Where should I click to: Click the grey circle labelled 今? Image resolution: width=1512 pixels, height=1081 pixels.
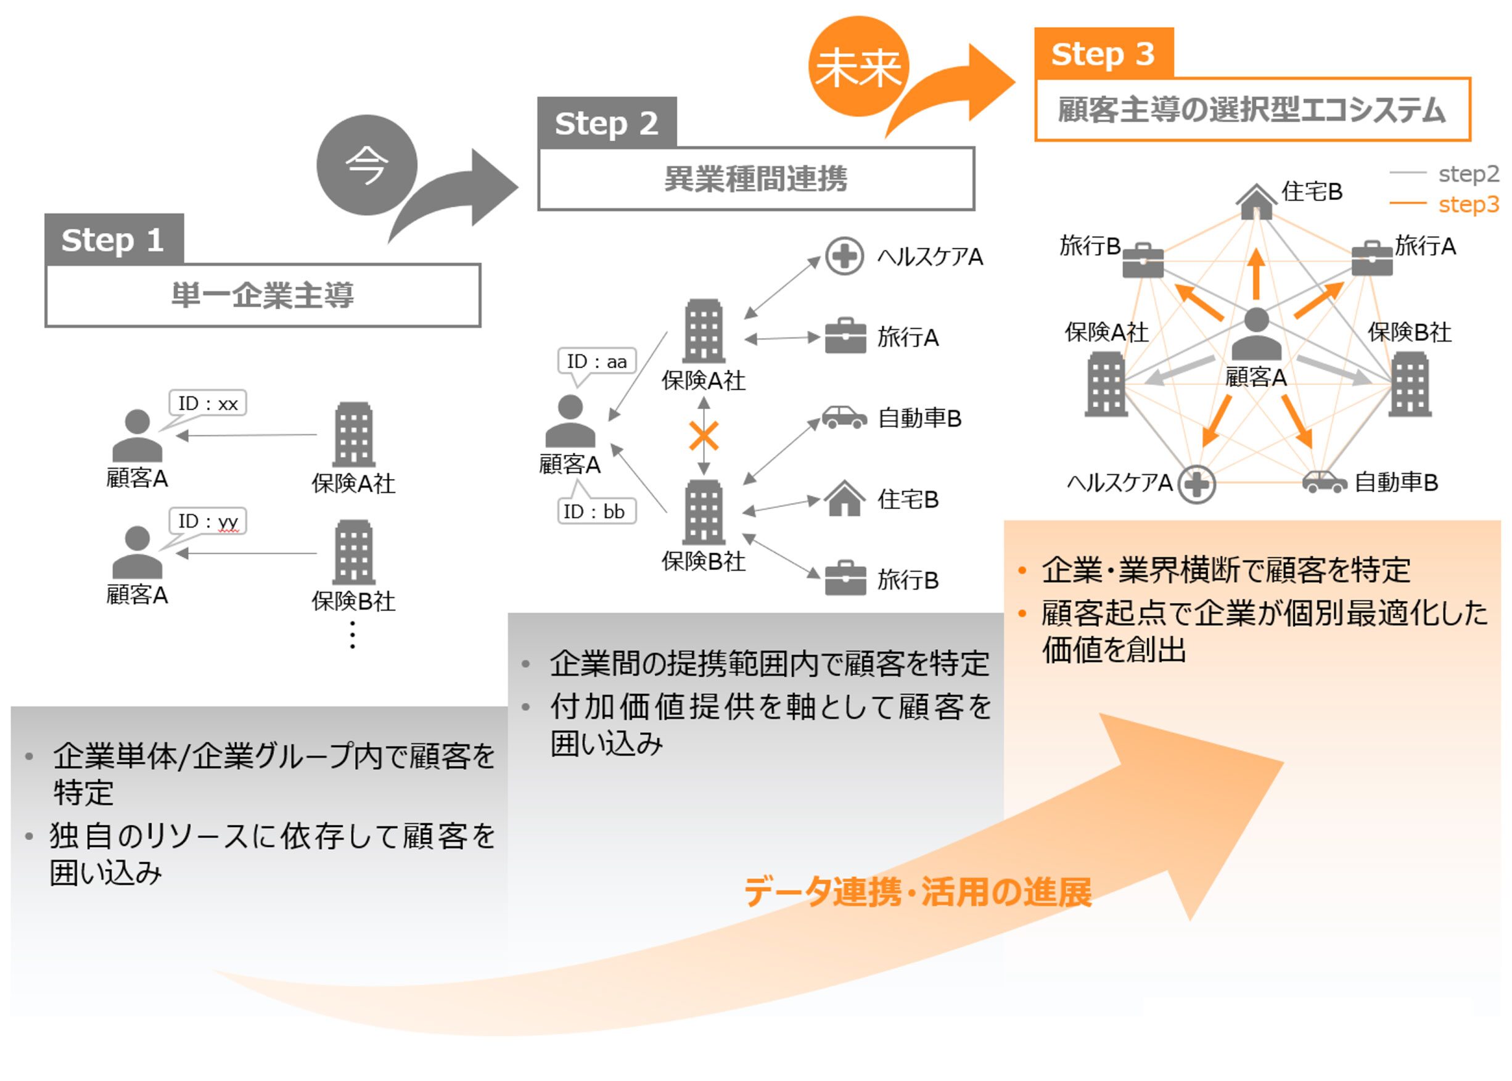coord(366,165)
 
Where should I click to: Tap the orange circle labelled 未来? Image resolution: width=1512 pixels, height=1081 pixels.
coord(858,67)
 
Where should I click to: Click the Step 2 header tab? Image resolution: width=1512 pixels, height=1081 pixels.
coord(606,123)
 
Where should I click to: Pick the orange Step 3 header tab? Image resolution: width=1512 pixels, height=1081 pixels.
coord(1103,53)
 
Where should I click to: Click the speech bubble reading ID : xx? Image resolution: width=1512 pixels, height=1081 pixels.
coord(208,403)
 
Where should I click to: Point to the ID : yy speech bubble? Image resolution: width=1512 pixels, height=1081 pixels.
coord(208,520)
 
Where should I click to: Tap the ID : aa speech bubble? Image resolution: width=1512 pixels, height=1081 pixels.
coord(596,361)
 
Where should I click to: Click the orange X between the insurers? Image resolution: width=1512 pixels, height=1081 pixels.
coord(704,437)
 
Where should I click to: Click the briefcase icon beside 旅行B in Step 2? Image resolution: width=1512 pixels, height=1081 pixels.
coord(845,578)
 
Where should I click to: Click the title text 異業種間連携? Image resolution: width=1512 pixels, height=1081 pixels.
coord(755,178)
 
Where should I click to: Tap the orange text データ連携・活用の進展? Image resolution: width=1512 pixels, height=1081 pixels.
coord(917,892)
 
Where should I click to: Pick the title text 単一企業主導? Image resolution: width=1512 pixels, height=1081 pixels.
coord(262,295)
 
